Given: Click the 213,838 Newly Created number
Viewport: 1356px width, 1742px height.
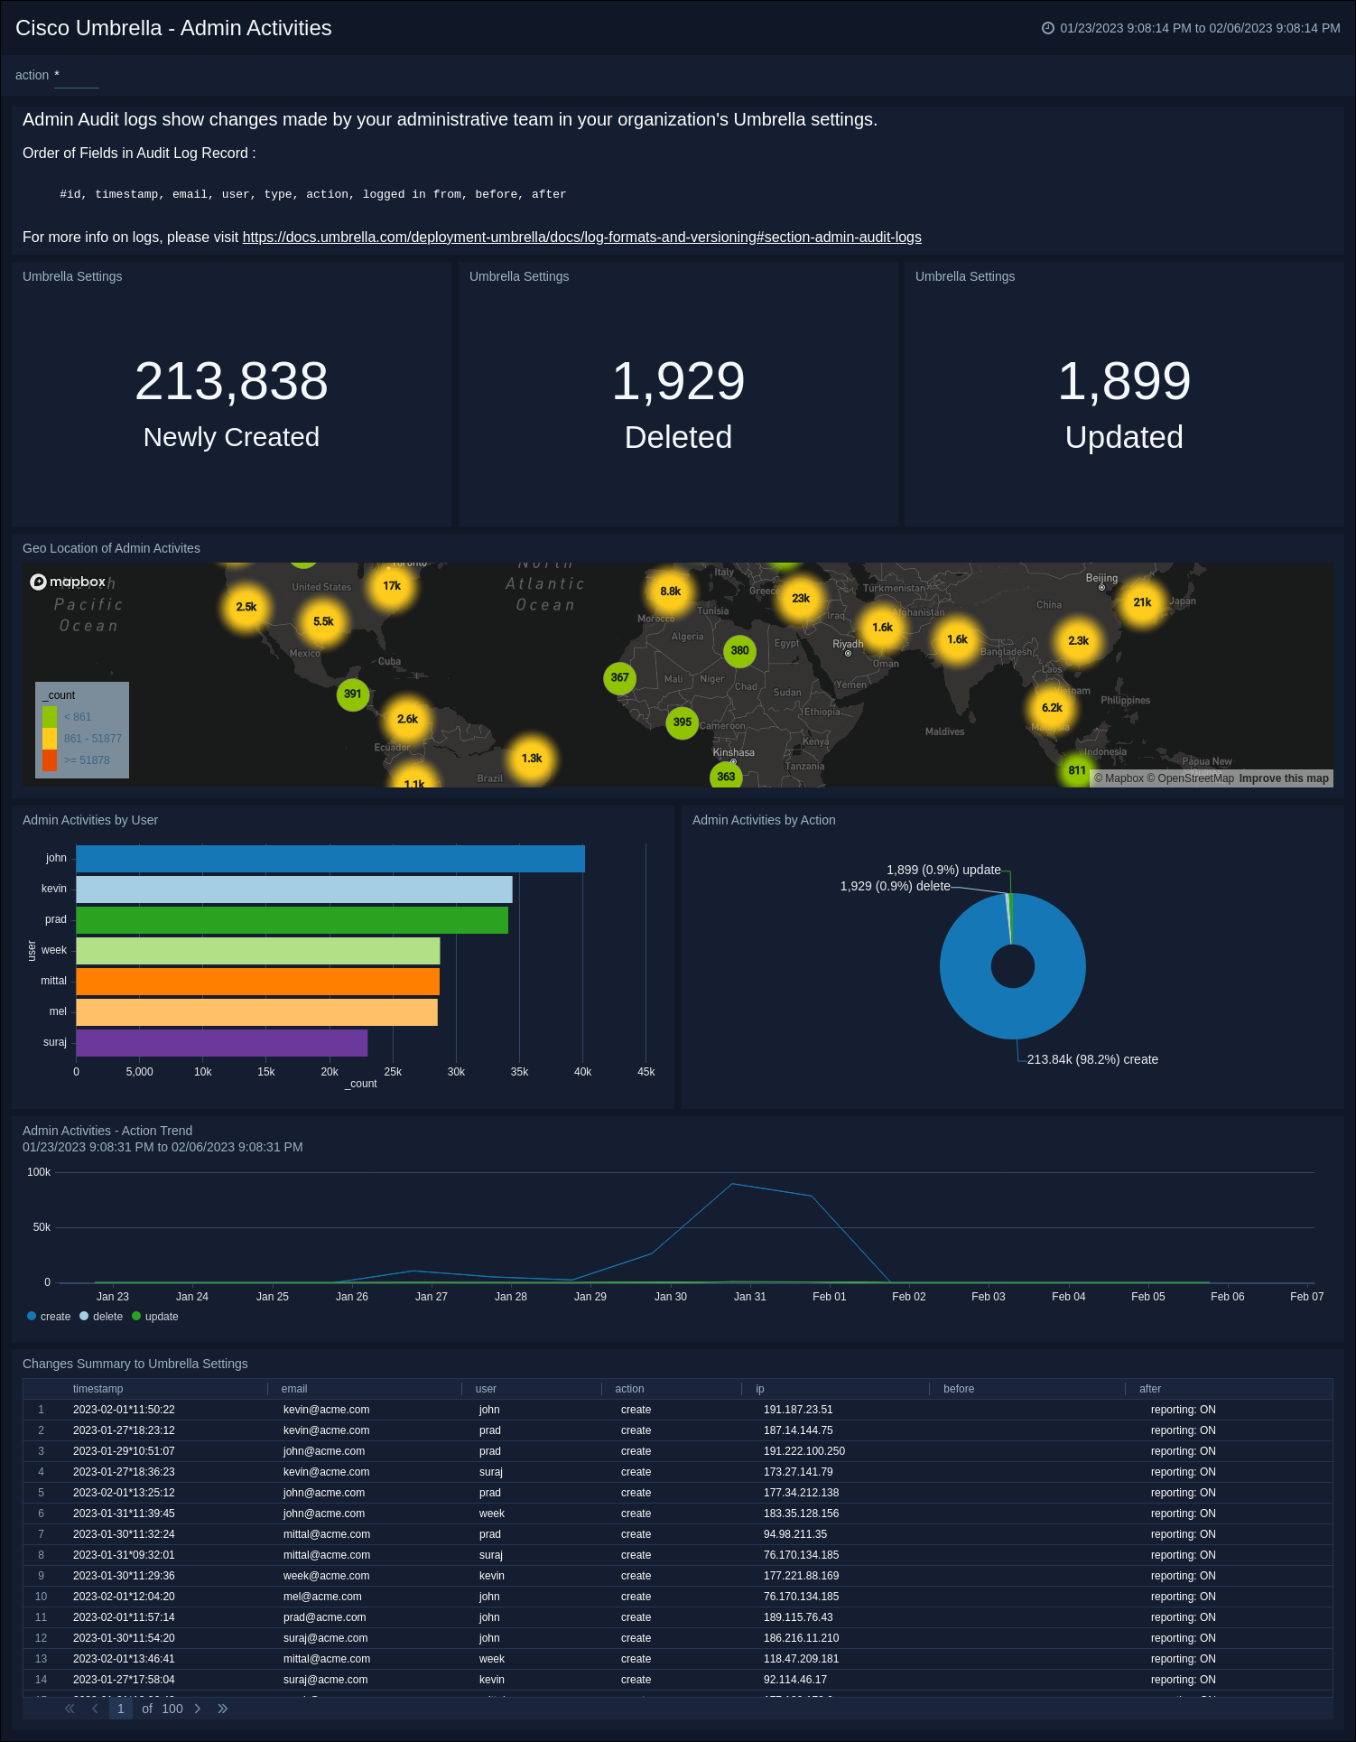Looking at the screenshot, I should click(231, 381).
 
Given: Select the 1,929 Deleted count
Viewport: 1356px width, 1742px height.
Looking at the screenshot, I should click(678, 381).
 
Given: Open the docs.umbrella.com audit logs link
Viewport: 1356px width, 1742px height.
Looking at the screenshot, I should click(581, 238).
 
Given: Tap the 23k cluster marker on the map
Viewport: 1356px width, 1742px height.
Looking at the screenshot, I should click(800, 598).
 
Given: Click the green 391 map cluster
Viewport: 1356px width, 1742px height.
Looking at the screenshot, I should click(352, 694).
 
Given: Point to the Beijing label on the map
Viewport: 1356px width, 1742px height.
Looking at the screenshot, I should click(1101, 578).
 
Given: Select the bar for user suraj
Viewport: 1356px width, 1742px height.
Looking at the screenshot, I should click(221, 1043).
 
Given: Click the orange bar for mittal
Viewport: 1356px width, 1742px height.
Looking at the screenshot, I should click(257, 982).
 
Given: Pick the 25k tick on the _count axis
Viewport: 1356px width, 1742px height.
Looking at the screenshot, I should click(393, 1072).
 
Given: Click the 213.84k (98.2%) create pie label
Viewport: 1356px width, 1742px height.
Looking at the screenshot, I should click(1092, 1059).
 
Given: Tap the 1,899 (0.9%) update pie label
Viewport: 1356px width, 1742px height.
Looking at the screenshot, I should click(943, 870).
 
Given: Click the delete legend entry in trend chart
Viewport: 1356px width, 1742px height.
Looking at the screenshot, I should click(107, 1317).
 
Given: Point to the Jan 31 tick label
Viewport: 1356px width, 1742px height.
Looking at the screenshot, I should click(749, 1297).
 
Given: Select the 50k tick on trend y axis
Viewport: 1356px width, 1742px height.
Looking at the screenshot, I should click(42, 1227).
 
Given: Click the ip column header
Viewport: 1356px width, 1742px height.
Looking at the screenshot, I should click(760, 1389).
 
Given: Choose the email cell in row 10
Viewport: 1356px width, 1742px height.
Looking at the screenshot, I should click(322, 1597).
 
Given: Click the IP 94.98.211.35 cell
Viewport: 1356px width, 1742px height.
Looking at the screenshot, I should click(795, 1534).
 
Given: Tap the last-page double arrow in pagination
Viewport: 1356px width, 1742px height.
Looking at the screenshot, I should click(223, 1709).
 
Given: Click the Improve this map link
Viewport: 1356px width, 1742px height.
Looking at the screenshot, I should click(1283, 778).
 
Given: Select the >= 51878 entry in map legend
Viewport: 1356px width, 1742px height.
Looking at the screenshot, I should click(87, 760).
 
